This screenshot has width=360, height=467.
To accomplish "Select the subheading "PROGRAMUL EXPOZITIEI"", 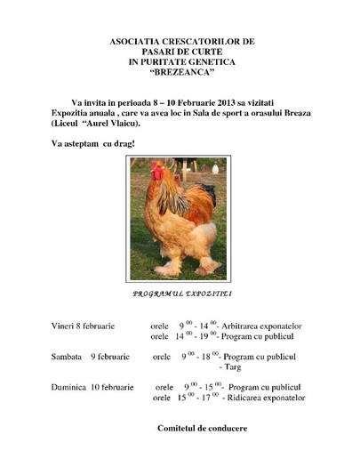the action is point(181,293).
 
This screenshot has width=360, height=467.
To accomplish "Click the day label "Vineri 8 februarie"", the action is point(82,327).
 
